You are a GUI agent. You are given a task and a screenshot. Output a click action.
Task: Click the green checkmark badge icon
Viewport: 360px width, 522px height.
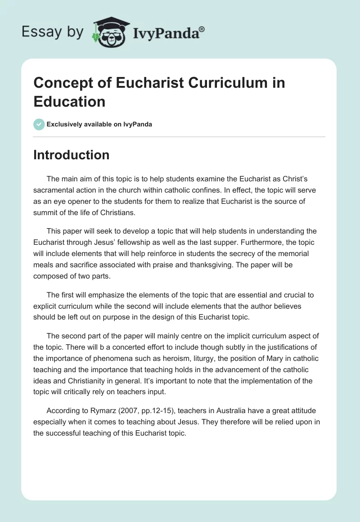(x=39, y=124)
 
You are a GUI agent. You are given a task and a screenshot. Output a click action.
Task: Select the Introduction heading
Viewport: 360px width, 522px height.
(x=72, y=155)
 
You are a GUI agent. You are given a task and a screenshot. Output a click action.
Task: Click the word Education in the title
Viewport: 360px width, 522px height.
(x=69, y=101)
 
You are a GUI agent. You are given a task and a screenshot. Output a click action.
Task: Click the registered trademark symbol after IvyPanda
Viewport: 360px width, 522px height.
(x=202, y=29)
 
